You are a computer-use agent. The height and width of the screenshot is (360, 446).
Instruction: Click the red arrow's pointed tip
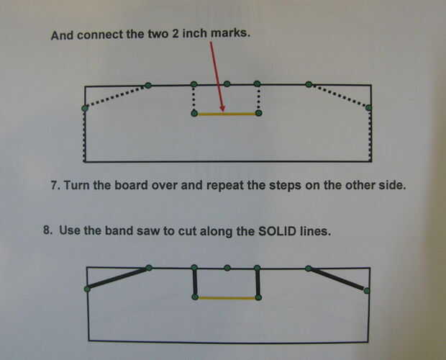tap(224, 111)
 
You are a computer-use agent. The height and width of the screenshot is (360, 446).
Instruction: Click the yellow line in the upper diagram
tap(226, 114)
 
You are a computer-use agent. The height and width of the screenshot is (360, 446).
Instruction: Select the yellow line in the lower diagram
tap(226, 297)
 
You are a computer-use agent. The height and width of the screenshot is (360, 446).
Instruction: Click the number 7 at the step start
tap(55, 185)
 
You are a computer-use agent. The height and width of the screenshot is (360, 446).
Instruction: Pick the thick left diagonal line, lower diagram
tap(118, 278)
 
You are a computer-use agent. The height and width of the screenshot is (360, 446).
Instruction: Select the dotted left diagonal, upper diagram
tap(117, 96)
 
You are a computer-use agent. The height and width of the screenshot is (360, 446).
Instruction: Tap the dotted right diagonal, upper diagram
tap(339, 96)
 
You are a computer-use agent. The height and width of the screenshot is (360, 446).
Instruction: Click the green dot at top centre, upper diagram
tap(227, 84)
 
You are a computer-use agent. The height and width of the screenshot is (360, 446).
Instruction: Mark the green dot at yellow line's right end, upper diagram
tap(259, 113)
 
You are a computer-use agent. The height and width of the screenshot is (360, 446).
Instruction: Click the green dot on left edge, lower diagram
tap(87, 289)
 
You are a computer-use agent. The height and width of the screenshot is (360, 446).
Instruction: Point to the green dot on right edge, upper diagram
tap(369, 108)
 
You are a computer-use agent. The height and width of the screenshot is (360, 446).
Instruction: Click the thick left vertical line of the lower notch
tap(194, 282)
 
